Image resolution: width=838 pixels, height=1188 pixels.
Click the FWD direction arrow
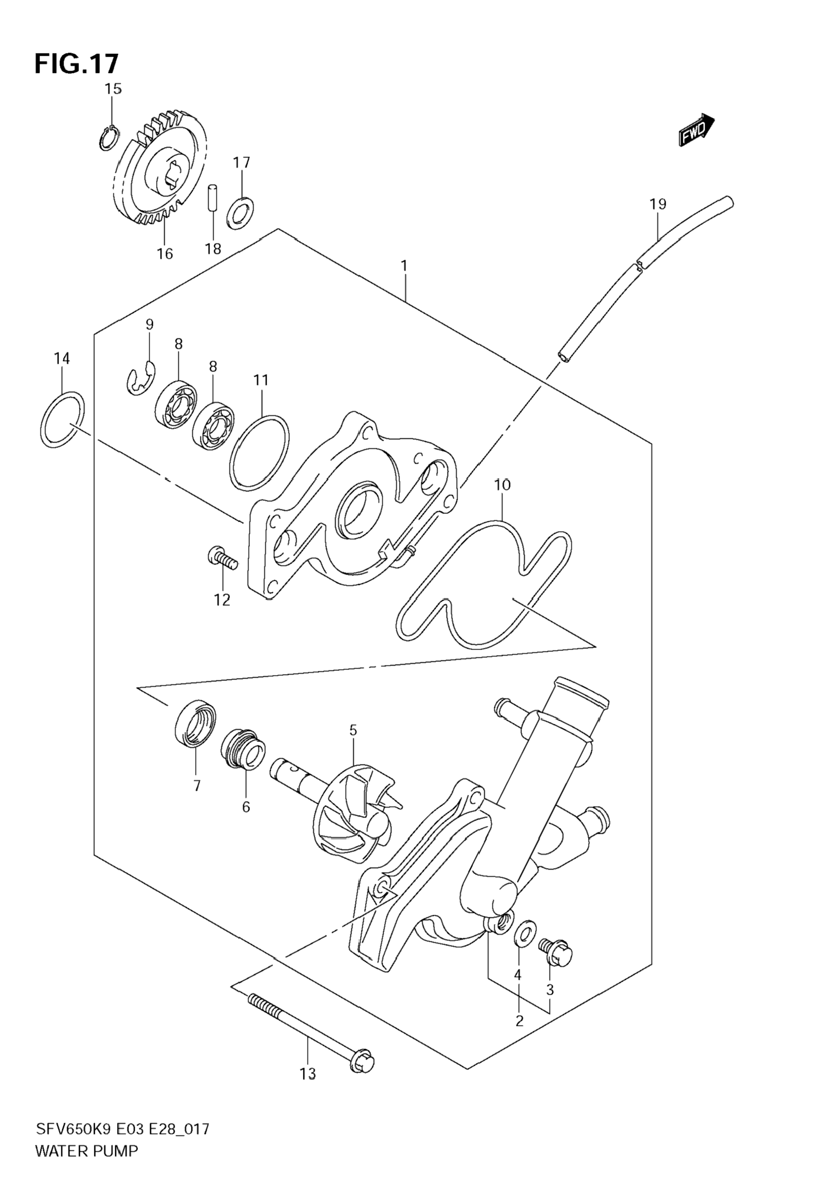[x=696, y=130]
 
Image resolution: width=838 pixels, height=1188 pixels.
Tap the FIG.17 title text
[x=77, y=64]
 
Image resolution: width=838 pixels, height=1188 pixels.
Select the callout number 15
[x=113, y=89]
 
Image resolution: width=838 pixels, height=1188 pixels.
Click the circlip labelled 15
[x=109, y=138]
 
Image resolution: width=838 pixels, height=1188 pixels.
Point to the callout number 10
[x=502, y=485]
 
